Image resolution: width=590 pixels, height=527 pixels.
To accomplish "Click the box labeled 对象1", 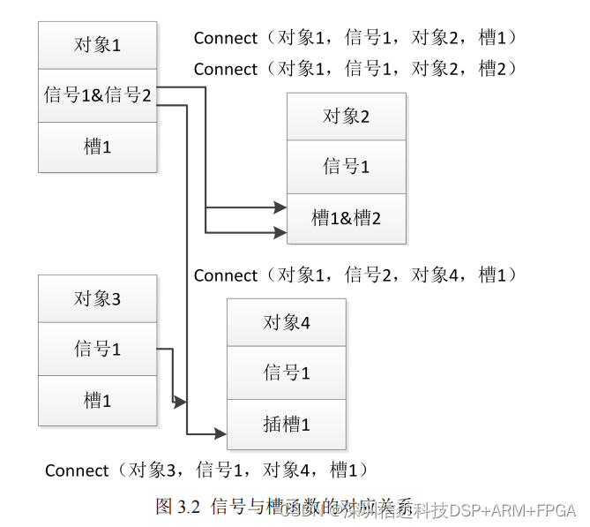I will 97,45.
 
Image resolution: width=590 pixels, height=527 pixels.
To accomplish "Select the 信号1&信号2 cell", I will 97,95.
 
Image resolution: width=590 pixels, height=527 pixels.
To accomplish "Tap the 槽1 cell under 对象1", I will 97,147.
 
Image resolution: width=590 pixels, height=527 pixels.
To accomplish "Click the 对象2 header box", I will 346,117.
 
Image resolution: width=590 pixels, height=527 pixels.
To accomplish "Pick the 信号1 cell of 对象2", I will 346,167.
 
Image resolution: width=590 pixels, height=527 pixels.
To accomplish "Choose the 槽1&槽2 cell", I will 346,218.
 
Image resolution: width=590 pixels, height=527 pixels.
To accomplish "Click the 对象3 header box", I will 97,299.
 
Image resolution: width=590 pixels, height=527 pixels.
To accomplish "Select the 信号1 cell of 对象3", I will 97,350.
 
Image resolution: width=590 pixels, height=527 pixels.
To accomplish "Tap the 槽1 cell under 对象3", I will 97,401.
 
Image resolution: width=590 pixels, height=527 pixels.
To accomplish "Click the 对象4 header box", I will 287,323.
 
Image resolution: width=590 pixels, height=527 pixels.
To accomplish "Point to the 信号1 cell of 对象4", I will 287,373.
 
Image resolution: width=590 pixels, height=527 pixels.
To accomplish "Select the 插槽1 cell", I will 287,425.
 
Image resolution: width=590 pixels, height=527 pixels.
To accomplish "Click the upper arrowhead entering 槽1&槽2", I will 280,207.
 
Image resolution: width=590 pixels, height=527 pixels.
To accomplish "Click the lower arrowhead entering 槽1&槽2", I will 280,233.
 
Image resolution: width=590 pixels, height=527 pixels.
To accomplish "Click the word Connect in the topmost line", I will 226,38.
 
